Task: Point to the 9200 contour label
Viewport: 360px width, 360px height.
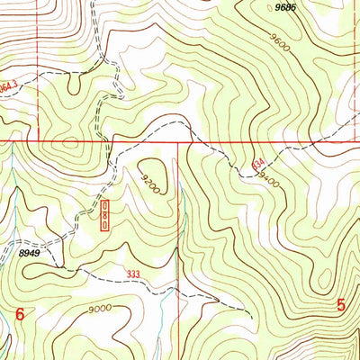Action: pos(148,184)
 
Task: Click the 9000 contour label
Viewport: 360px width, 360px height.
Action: pos(100,308)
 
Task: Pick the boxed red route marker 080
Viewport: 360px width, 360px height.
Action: pos(104,216)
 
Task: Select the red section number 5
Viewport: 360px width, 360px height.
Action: pos(342,305)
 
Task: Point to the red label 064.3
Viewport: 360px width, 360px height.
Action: pos(7,87)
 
